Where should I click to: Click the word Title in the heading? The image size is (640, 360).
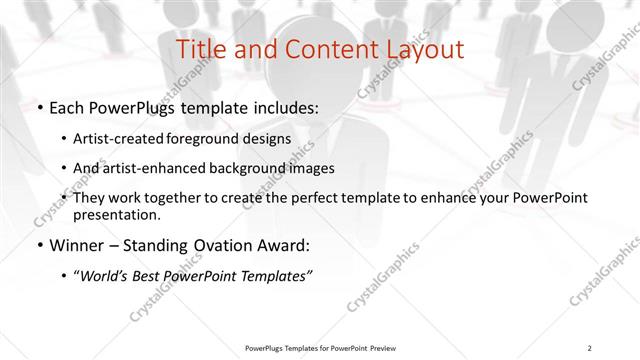(200, 49)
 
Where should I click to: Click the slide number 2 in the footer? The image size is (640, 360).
(590, 347)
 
